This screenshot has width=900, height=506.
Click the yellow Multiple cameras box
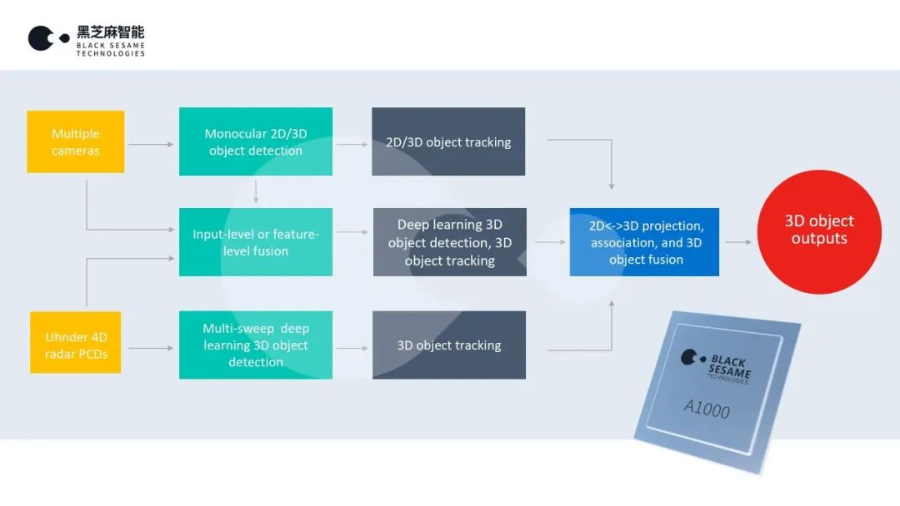tap(75, 141)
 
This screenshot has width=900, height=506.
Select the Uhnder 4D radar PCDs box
tap(76, 342)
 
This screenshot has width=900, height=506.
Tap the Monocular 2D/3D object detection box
tap(255, 141)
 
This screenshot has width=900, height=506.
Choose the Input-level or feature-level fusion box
tap(255, 242)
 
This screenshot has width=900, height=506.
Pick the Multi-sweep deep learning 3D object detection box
tap(255, 345)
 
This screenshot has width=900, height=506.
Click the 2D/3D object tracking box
tap(448, 141)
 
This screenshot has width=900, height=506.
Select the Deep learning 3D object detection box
tap(449, 242)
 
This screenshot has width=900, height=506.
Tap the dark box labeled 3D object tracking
tap(448, 345)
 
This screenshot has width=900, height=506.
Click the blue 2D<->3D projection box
tap(644, 242)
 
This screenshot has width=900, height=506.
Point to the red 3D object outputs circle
tap(818, 231)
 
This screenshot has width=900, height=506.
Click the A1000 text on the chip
tap(707, 407)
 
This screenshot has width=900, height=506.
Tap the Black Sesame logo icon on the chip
tap(691, 358)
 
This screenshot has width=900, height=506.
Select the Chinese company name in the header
tap(110, 32)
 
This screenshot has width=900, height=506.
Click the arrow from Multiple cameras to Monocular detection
tap(151, 144)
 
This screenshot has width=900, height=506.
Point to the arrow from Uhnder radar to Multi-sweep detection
tap(151, 348)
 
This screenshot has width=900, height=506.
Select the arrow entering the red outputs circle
tap(737, 242)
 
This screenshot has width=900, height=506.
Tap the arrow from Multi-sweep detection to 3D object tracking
tap(352, 348)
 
